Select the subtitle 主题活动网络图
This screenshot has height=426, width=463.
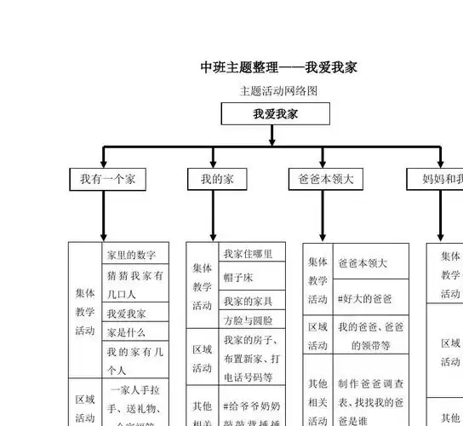tap(278, 90)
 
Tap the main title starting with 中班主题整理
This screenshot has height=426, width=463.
tap(277, 66)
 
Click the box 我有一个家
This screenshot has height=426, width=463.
tap(107, 179)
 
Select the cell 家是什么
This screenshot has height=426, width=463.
tap(126, 332)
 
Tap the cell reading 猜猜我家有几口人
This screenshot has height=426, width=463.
tap(136, 284)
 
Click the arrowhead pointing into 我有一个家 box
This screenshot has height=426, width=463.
tap(104, 164)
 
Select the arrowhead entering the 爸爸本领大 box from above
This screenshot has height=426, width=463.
tap(323, 164)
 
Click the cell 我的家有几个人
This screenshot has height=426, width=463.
tap(136, 360)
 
